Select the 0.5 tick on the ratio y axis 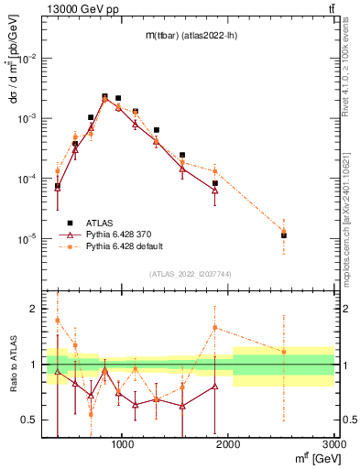point(30,420)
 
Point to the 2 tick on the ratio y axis point(34,310)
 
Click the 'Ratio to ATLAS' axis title point(11,365)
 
